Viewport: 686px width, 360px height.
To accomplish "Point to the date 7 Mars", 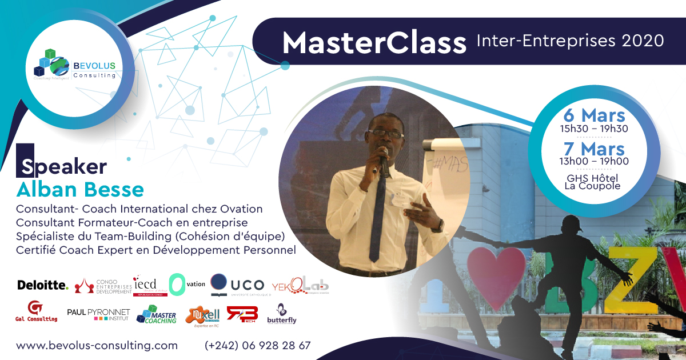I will [594, 149].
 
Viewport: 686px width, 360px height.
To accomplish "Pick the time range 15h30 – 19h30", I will [594, 129].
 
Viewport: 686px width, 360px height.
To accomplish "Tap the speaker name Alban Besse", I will [80, 189].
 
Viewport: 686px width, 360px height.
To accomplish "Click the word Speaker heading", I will [63, 166].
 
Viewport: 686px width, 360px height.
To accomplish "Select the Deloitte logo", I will [43, 285].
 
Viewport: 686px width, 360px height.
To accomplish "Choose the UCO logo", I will [237, 285].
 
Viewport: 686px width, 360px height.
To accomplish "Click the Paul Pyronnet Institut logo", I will [98, 314].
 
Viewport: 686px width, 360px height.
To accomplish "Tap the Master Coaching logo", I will [156, 315].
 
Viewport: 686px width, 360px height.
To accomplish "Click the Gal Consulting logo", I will [35, 312].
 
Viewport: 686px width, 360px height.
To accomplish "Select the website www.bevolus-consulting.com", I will [97, 346].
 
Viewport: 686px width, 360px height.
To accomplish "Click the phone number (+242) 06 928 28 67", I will [257, 346].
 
